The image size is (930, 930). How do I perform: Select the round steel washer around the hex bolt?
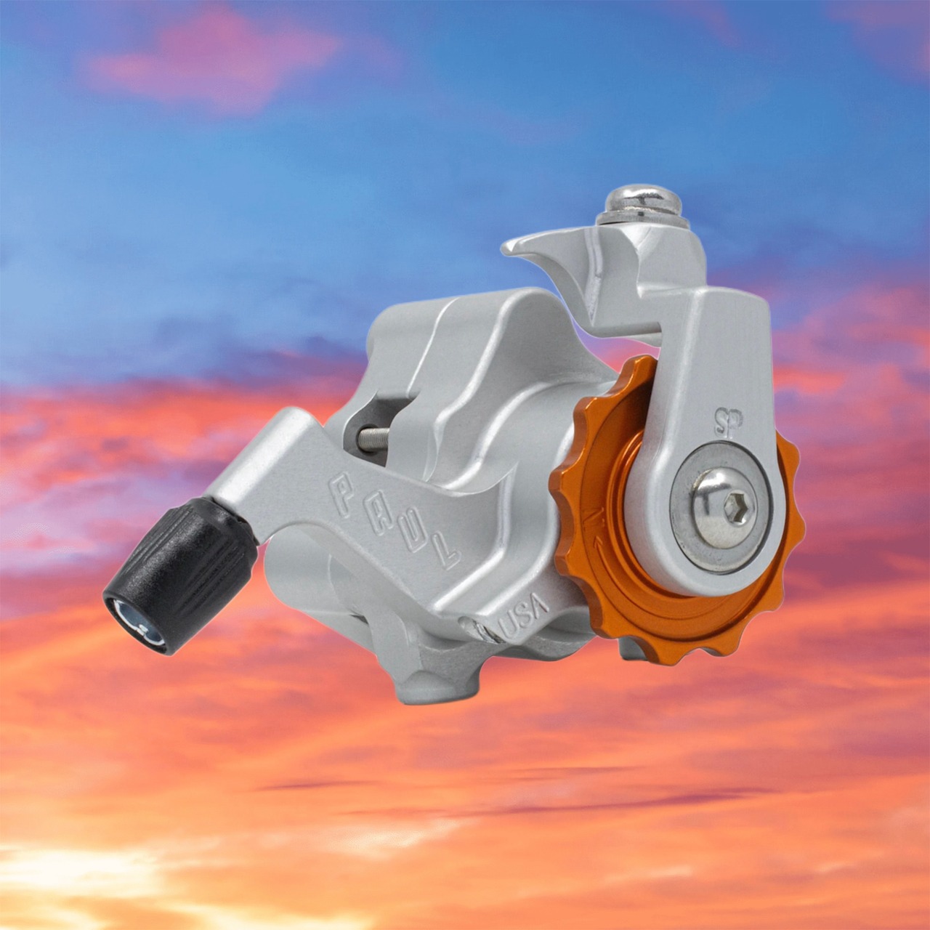721,509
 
